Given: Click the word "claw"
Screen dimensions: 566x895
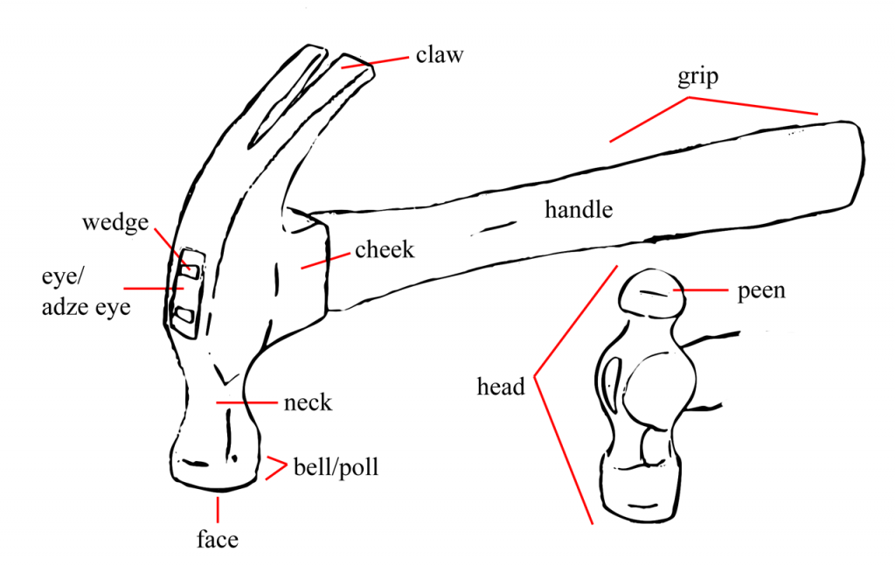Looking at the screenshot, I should (439, 55).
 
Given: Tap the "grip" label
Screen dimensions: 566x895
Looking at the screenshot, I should (697, 77).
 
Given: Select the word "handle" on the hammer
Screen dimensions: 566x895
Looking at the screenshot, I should (579, 210).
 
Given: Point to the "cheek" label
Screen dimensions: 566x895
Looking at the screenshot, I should (384, 250).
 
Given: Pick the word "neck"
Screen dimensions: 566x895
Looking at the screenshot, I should (308, 403).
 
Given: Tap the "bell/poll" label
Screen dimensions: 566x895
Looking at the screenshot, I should (336, 467).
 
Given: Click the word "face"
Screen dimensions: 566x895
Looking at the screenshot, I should (217, 540).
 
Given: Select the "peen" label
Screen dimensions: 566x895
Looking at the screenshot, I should (761, 290).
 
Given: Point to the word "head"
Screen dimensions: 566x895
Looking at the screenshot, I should (501, 386).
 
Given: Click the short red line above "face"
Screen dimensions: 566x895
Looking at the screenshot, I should (217, 507).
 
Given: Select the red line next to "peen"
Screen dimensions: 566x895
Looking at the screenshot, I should (700, 290).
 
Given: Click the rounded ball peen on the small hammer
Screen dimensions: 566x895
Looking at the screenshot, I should (650, 297).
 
